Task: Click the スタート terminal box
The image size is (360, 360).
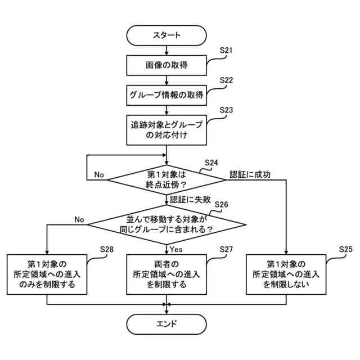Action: click(166, 35)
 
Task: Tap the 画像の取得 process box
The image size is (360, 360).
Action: click(166, 65)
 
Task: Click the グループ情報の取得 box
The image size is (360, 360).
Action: click(166, 94)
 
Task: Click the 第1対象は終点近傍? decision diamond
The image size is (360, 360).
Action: click(166, 179)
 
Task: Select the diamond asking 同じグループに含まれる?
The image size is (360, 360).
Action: click(166, 224)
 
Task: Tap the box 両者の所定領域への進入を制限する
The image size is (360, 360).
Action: click(166, 274)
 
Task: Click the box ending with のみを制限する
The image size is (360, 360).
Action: click(47, 274)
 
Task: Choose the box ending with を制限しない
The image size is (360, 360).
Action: click(286, 274)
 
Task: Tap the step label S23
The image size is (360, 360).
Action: click(226, 110)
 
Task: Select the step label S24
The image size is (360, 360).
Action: click(211, 163)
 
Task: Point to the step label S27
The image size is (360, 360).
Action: click(226, 249)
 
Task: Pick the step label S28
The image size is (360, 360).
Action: click(107, 249)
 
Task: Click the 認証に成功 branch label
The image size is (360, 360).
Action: click(250, 174)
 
